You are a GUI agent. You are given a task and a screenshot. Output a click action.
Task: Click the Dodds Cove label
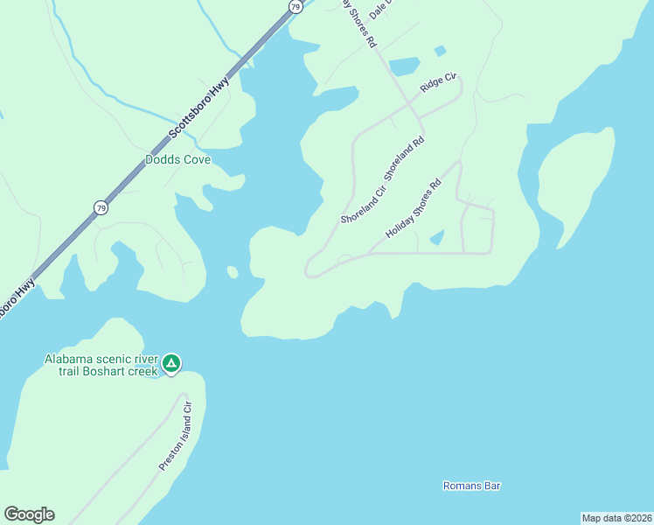pos(177,160)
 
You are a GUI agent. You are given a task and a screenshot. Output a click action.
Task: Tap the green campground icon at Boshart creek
pos(172,363)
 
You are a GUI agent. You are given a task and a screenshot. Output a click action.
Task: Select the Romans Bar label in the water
pos(471,486)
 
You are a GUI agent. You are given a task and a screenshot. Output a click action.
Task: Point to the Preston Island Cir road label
pos(175,435)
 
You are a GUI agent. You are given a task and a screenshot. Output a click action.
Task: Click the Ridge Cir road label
pos(439,84)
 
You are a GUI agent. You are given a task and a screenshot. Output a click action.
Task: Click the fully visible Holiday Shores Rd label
pos(414,211)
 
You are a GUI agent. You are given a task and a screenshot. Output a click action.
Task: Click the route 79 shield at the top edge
pos(296,6)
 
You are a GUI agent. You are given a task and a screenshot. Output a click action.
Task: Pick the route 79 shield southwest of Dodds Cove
pos(101,207)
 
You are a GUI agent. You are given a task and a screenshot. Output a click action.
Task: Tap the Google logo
pos(29,514)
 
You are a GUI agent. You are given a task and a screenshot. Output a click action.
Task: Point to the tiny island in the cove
pos(233,272)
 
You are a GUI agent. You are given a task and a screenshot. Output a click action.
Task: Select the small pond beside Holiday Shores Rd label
pos(437,237)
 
